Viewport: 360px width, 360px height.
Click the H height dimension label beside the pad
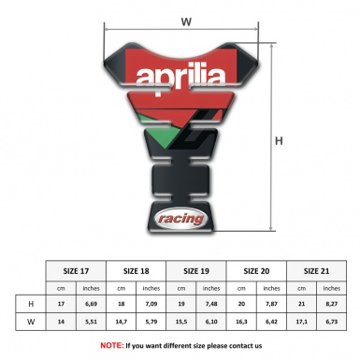(x=278, y=142)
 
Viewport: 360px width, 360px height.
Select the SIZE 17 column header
(x=76, y=271)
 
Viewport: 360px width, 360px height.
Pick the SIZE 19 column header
(x=197, y=271)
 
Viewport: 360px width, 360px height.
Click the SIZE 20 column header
(x=257, y=271)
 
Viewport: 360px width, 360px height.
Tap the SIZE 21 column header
(x=318, y=271)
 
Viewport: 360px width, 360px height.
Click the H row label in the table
(x=30, y=305)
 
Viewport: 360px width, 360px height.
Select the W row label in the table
(x=30, y=323)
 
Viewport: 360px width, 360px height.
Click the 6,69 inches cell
(x=92, y=305)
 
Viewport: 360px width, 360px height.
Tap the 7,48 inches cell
(x=212, y=305)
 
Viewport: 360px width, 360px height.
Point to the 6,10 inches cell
(x=212, y=323)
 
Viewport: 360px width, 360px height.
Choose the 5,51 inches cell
(x=92, y=323)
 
